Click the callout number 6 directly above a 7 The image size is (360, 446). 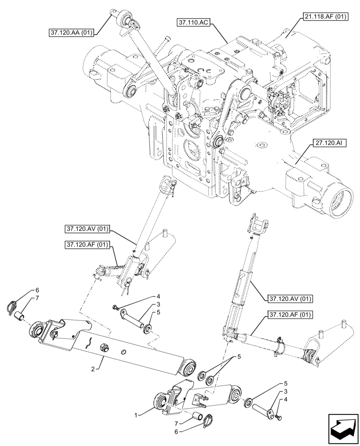pos(37,290)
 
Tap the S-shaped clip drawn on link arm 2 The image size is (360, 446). pos(89,343)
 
